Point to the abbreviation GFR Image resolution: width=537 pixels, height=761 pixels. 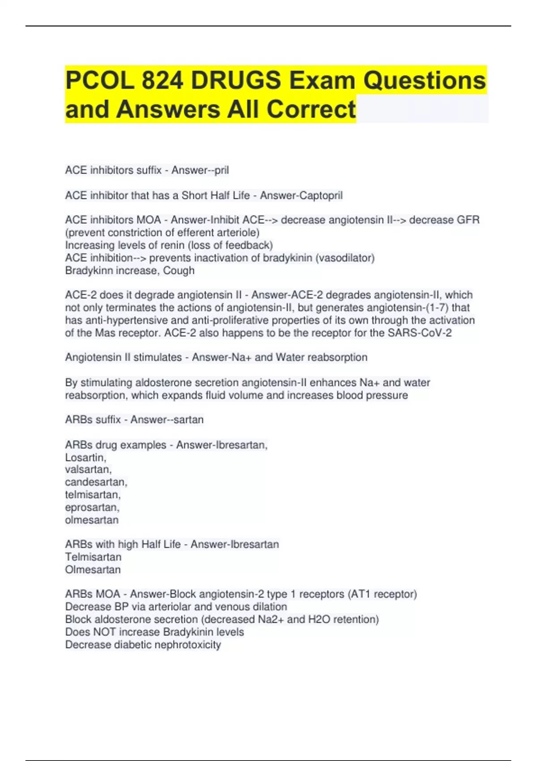pos(468,220)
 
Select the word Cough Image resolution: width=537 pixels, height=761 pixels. pos(179,271)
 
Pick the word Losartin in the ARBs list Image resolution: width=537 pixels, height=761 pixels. pos(85,457)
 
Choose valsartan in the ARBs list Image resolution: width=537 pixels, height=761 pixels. pos(88,470)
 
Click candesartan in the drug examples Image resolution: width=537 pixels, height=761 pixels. pos(96,482)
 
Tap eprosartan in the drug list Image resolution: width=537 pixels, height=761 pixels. pos(92,508)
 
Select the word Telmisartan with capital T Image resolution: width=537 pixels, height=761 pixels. pos(93,557)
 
